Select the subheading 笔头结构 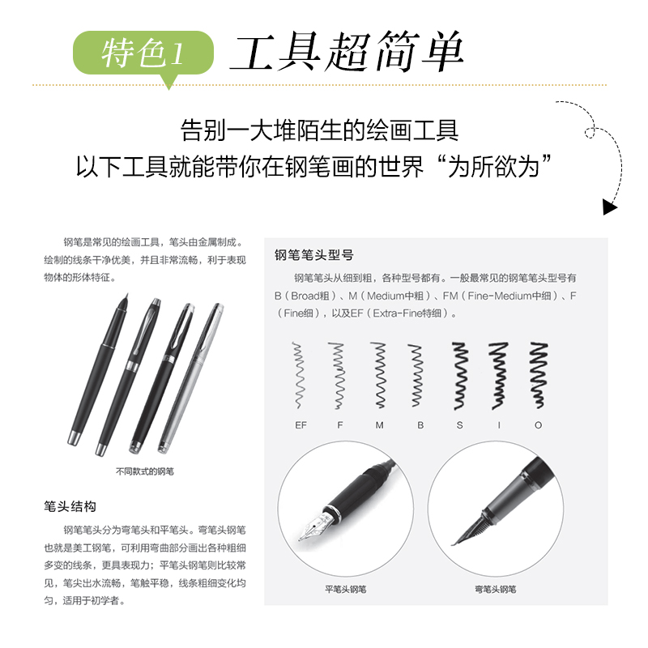tap(70, 506)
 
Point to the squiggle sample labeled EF tap(301, 374)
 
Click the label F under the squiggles tap(339, 424)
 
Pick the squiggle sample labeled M tap(378, 374)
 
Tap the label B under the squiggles tap(420, 424)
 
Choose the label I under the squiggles tap(499, 424)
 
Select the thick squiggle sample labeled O tap(538, 374)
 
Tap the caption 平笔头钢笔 tap(345, 590)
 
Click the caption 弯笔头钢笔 tap(496, 590)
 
